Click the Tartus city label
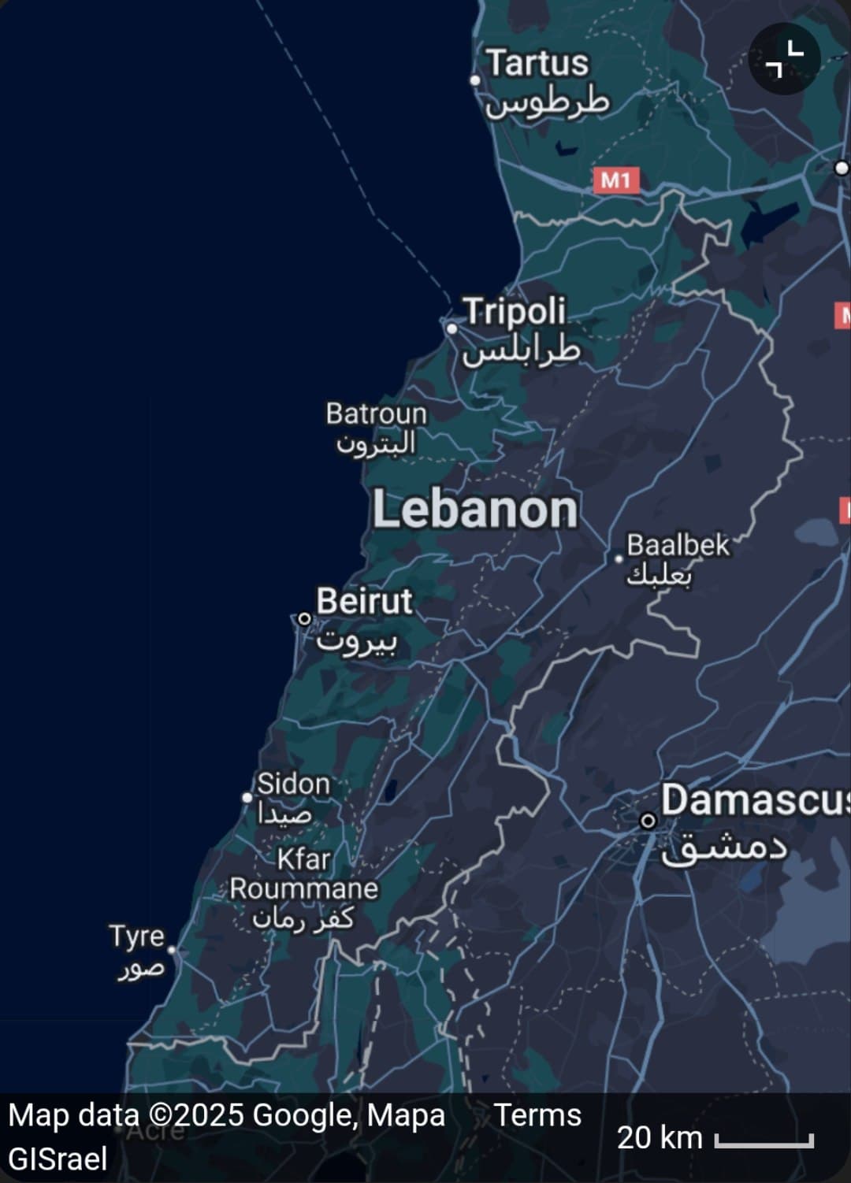click(537, 64)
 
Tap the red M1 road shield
click(615, 180)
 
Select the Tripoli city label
click(514, 312)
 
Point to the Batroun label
click(376, 414)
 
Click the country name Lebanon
click(475, 510)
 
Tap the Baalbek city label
click(678, 545)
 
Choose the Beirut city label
click(364, 602)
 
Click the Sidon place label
click(293, 784)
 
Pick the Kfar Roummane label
click(303, 874)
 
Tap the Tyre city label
click(136, 936)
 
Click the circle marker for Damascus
click(648, 821)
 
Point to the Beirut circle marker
click(304, 619)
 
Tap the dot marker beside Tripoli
click(452, 328)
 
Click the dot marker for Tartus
click(475, 80)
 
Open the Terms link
click(537, 1115)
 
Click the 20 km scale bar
click(764, 1140)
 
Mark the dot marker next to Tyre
click(172, 951)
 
